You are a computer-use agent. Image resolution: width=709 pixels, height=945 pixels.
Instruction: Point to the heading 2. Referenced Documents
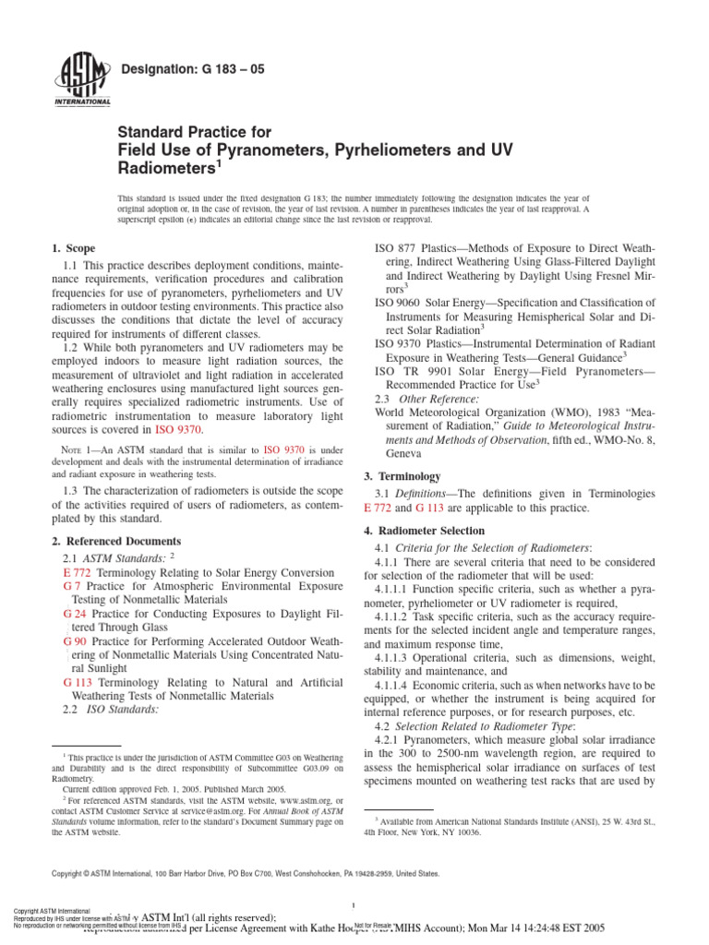click(116, 541)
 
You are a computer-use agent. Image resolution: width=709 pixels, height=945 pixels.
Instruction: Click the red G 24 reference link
click(75, 613)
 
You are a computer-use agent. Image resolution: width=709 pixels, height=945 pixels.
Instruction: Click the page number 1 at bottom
click(354, 904)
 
